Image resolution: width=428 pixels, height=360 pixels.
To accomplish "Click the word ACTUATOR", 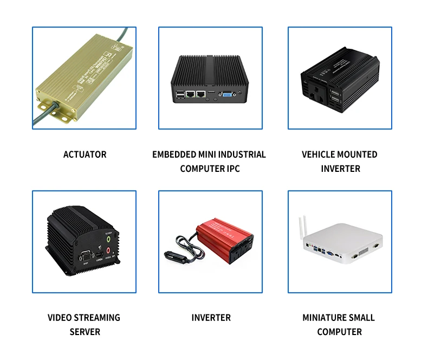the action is click(x=85, y=155).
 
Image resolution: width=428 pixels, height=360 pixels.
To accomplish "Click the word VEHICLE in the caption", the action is click(x=319, y=155).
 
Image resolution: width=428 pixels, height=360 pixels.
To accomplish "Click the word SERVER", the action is click(x=85, y=332).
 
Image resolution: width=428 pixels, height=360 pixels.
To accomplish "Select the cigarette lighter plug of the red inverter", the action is click(x=173, y=253).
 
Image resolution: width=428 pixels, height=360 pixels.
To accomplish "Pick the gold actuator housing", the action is click(x=81, y=81).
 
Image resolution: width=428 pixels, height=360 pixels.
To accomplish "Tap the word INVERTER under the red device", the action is click(x=211, y=318).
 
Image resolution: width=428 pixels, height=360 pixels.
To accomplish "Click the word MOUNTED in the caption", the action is click(x=355, y=155).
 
